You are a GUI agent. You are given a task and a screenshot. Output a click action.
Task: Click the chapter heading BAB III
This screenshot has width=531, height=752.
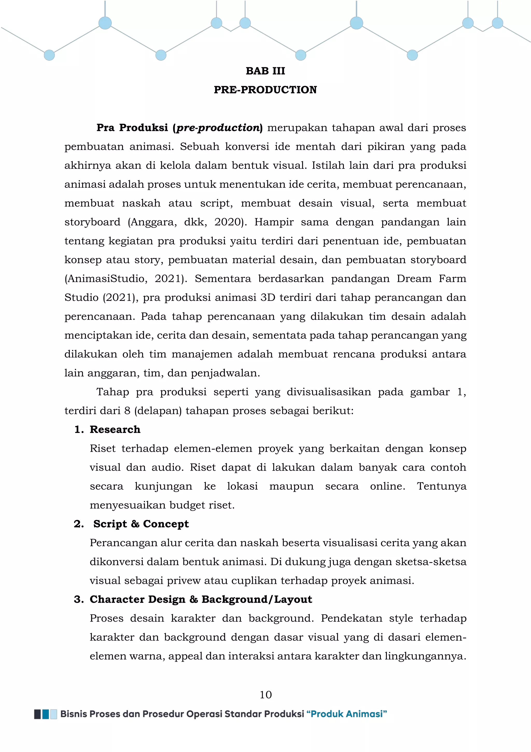[x=265, y=71]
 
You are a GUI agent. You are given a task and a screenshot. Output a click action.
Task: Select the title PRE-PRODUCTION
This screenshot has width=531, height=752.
[x=265, y=90]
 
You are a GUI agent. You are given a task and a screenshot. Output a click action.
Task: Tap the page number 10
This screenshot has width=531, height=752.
[x=265, y=695]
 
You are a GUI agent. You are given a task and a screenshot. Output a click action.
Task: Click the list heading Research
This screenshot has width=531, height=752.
[x=115, y=429]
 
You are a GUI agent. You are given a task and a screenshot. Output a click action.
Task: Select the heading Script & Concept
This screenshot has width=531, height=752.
[x=141, y=524]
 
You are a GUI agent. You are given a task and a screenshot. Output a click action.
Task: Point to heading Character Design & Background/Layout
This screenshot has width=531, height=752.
[x=201, y=599]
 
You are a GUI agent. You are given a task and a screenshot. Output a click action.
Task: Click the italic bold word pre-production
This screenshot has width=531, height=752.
[x=218, y=128]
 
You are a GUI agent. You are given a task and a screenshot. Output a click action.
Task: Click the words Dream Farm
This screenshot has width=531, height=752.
[x=431, y=279]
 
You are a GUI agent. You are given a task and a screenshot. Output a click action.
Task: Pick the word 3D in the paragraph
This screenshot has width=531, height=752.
[x=268, y=298]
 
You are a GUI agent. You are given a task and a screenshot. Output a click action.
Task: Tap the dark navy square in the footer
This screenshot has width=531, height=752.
[x=37, y=714]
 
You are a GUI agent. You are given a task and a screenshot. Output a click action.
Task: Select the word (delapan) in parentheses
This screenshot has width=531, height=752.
[x=158, y=411]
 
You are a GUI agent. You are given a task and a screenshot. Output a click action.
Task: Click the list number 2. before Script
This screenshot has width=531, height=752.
[x=79, y=524]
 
